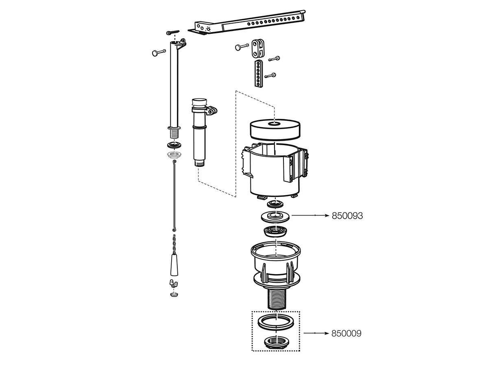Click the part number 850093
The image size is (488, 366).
coord(347,216)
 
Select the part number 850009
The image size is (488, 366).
coord(346,333)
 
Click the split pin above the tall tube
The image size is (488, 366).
coord(173,33)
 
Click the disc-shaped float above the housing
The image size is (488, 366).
coord(275,129)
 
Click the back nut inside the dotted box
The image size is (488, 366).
coord(276,342)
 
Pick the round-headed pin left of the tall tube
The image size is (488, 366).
coord(158,52)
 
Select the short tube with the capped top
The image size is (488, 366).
coord(199,130)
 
